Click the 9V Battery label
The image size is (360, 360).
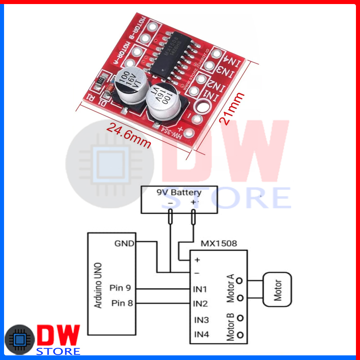[179, 193]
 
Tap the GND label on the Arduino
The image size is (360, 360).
[124, 243]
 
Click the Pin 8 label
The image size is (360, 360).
[122, 303]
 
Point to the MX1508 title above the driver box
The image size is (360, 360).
[219, 243]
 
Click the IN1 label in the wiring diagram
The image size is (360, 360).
[201, 288]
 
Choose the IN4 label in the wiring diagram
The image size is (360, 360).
[201, 334]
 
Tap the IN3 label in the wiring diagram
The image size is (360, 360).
[201, 319]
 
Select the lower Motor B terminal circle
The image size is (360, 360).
[240, 335]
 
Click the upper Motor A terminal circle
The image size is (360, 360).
[240, 281]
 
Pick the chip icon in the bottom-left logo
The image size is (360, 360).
[20, 340]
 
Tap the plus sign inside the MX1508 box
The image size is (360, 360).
[197, 260]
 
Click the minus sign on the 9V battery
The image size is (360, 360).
[170, 203]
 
